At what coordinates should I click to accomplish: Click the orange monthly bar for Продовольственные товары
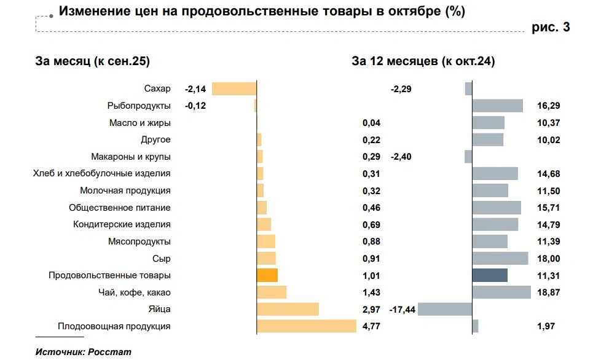coord(267,275)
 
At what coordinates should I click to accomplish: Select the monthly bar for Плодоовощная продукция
coord(306,326)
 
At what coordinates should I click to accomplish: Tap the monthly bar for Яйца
coord(287,309)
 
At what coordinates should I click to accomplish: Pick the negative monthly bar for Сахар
coord(234,88)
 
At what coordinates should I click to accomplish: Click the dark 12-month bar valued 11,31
coord(490,275)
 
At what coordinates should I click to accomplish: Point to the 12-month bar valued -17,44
coord(444,309)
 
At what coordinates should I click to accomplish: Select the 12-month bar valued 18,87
coord(501,292)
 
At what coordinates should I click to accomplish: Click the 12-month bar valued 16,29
coord(497,106)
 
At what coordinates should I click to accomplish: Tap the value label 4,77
coord(372,326)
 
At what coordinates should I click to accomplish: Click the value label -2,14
coord(195,89)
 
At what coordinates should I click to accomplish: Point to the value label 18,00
coord(548,259)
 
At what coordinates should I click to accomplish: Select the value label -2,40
coord(401,157)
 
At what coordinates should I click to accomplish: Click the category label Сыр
coord(162,259)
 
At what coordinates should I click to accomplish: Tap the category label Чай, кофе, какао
coord(135,292)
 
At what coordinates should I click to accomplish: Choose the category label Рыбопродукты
coord(139,106)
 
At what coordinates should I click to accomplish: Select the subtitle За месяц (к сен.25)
coord(93,61)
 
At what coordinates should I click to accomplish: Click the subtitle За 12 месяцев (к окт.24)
coord(423,61)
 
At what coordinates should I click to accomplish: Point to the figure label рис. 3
coord(551,26)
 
